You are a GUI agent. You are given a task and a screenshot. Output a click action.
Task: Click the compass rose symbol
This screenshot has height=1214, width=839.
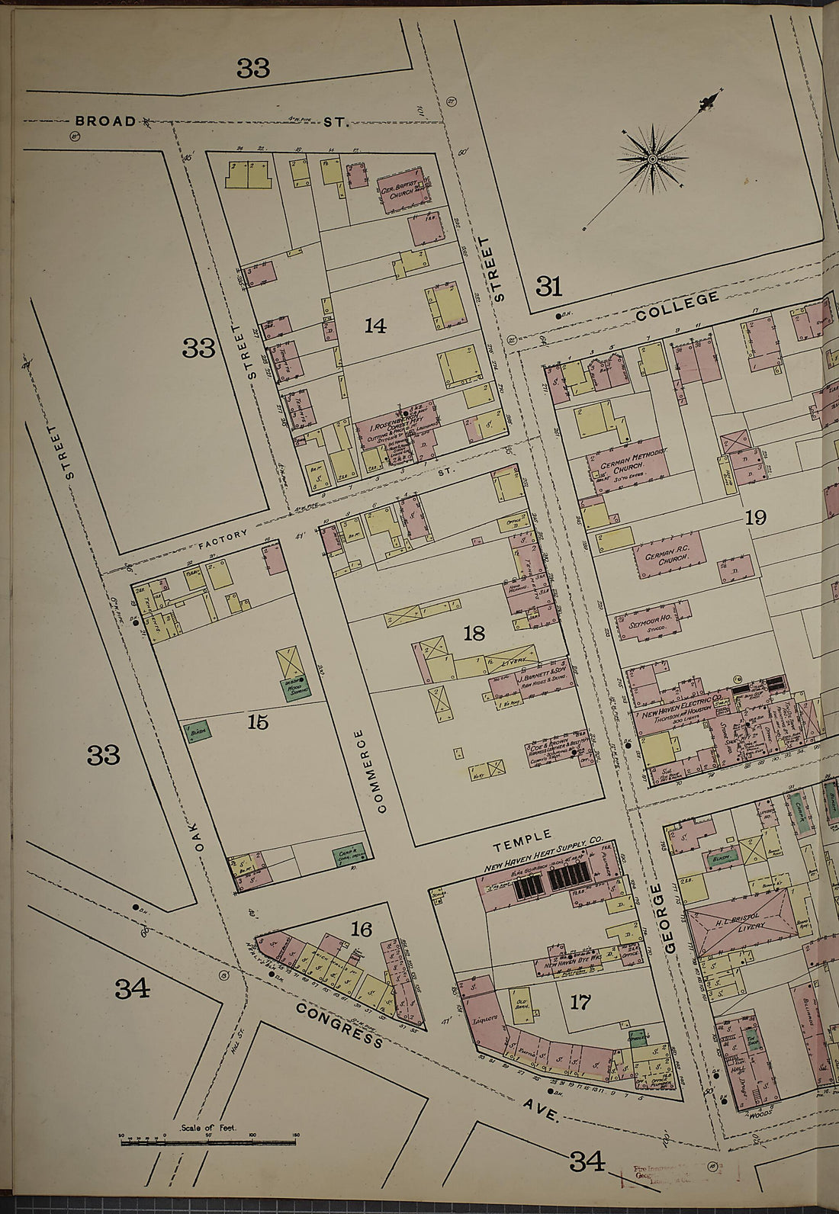click(654, 158)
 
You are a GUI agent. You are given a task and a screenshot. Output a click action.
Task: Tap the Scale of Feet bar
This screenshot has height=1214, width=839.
click(208, 1142)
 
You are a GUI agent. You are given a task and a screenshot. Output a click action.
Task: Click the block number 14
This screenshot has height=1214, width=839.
click(374, 326)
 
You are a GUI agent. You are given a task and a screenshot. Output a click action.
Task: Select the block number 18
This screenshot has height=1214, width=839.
click(474, 633)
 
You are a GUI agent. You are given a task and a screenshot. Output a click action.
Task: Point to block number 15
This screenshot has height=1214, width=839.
click(258, 721)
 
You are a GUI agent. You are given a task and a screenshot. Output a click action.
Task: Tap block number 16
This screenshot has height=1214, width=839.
click(361, 929)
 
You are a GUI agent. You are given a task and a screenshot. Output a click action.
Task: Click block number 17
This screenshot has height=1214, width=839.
click(580, 1001)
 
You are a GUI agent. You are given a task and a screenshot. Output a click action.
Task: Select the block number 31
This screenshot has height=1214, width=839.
click(548, 287)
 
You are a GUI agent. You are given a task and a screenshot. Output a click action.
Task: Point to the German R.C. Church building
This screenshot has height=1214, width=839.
click(667, 556)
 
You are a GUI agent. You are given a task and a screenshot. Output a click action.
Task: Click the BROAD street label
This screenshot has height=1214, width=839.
click(105, 120)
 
